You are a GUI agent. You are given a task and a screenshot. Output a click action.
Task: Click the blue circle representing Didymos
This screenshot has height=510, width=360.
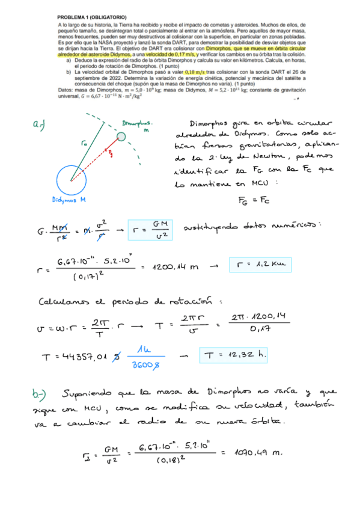(x=72, y=179)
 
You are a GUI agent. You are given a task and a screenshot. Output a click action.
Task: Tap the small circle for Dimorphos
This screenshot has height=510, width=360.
(x=122, y=137)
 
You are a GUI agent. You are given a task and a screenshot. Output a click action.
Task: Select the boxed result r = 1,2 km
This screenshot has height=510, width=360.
(x=259, y=264)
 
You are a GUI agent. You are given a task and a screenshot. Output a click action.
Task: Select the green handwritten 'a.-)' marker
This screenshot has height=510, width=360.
(x=40, y=125)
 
